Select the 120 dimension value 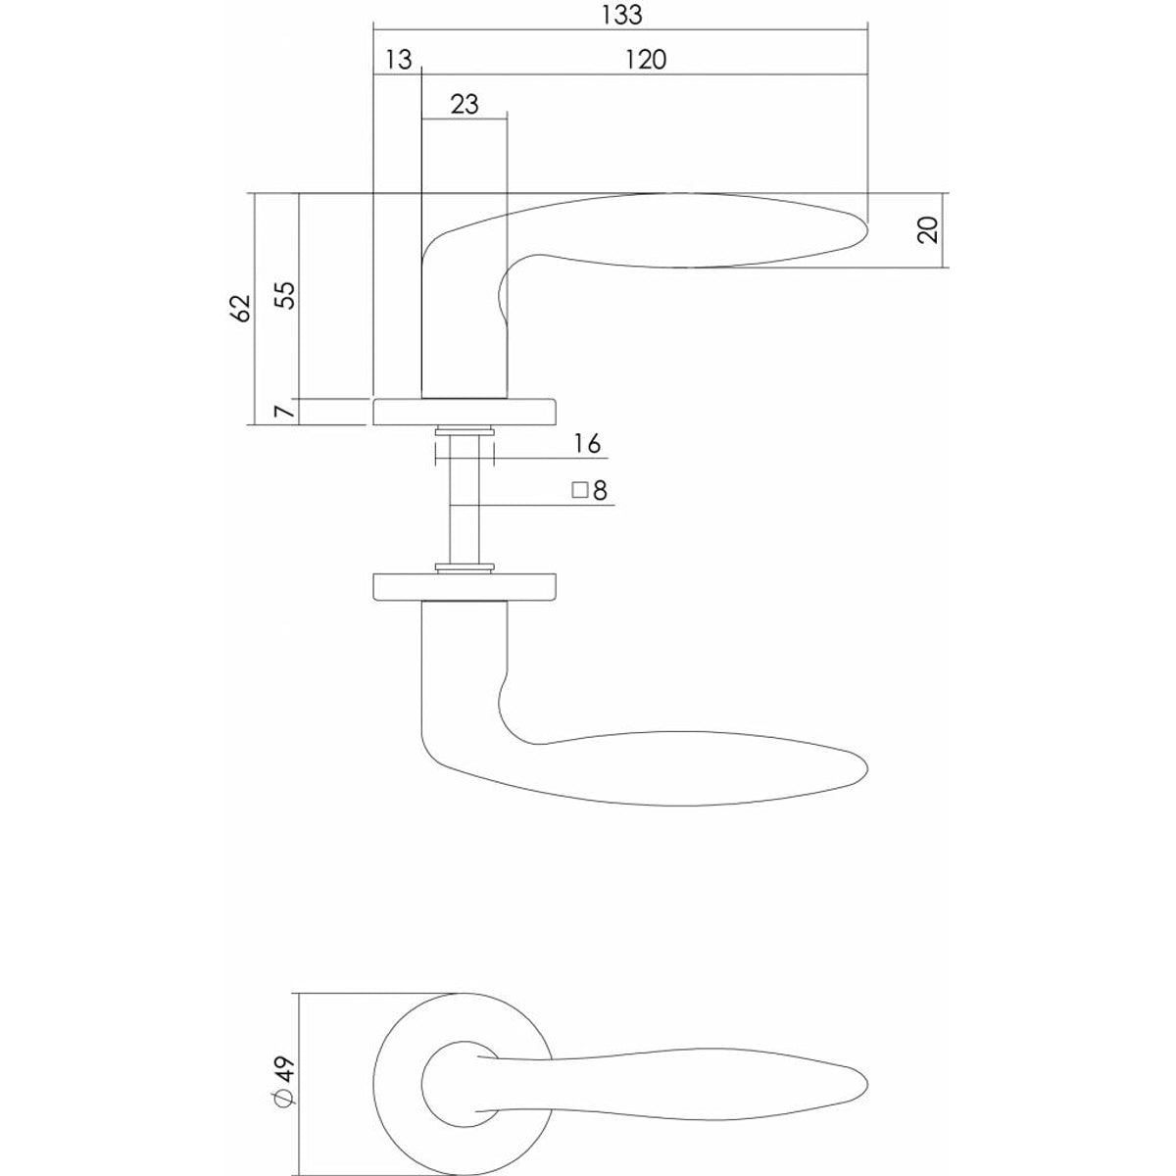pyautogui.click(x=646, y=60)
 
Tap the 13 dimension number pyautogui.click(x=399, y=60)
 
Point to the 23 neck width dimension pyautogui.click(x=465, y=104)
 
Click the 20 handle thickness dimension pyautogui.click(x=928, y=230)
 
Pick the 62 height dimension pyautogui.click(x=241, y=308)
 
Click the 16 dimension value pyautogui.click(x=587, y=444)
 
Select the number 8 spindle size pyautogui.click(x=600, y=491)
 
